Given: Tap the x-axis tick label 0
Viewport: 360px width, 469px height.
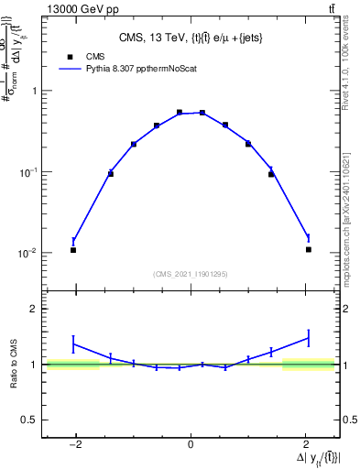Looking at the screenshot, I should coord(191,445).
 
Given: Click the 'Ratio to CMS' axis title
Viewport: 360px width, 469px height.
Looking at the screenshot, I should coord(14,365).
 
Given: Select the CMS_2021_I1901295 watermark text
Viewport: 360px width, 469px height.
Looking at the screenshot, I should coord(191,274).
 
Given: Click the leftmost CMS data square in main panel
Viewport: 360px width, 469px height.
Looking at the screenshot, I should coord(73,250).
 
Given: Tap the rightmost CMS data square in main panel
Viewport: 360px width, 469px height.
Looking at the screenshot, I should coord(309,249).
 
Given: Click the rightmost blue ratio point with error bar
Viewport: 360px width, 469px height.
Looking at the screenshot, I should coord(309,338).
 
